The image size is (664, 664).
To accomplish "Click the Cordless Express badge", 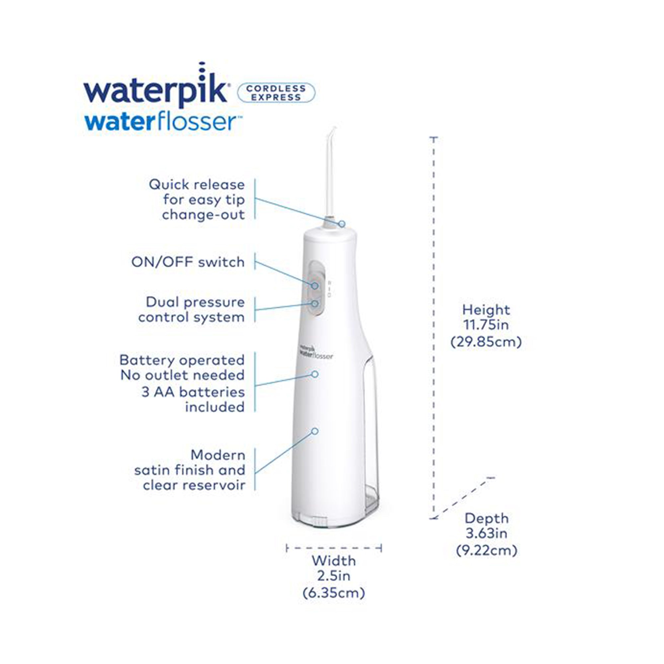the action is [x=276, y=93].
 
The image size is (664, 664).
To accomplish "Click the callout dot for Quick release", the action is [x=342, y=224].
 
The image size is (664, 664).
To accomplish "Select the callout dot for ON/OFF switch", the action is [x=315, y=286].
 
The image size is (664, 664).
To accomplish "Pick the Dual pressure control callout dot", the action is [x=315, y=303].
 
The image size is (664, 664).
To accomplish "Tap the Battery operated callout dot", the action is [x=315, y=374].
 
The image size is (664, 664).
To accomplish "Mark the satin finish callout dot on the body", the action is [x=315, y=431].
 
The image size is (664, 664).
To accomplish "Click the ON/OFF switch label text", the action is [x=188, y=262].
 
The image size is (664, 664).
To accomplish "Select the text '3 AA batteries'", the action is [x=193, y=392].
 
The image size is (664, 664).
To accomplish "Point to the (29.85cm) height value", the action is [x=486, y=342].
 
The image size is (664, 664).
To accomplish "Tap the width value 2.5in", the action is [x=334, y=576].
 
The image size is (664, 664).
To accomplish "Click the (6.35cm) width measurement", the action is [x=334, y=593].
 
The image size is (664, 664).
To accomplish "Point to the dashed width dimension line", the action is [x=334, y=548].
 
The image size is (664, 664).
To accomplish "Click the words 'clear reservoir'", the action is [x=194, y=485].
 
